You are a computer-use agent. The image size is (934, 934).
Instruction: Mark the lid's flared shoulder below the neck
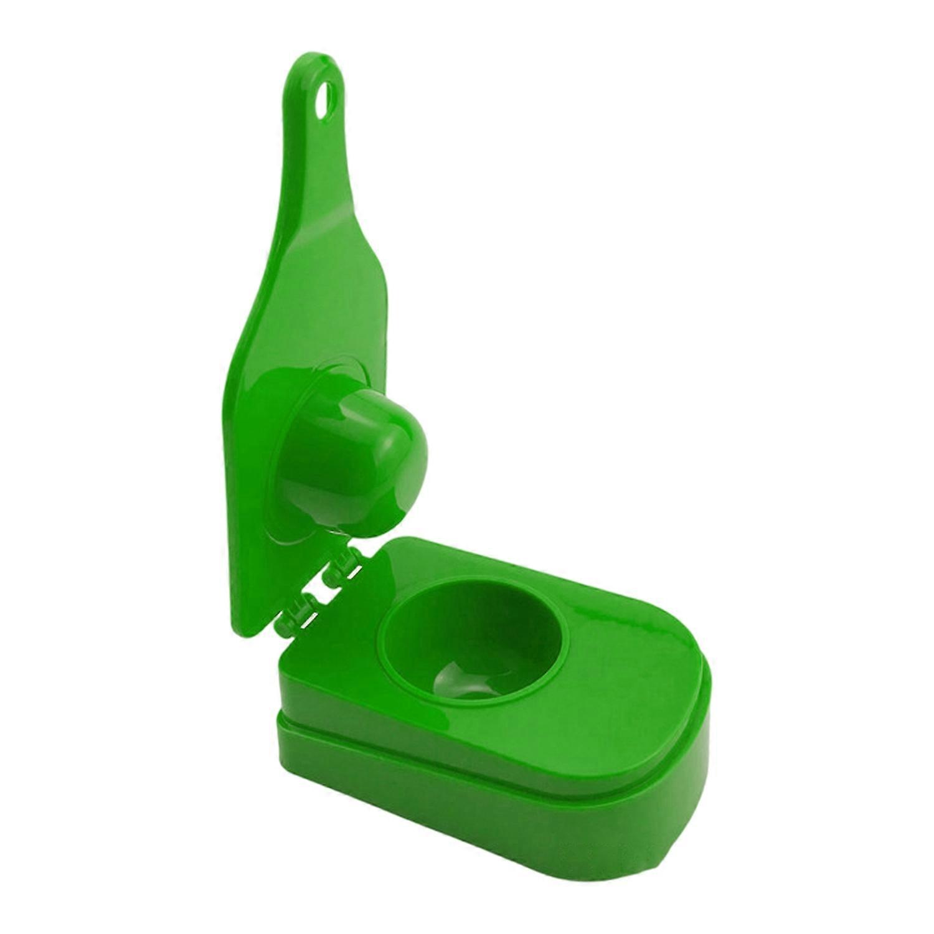click(x=262, y=299)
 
